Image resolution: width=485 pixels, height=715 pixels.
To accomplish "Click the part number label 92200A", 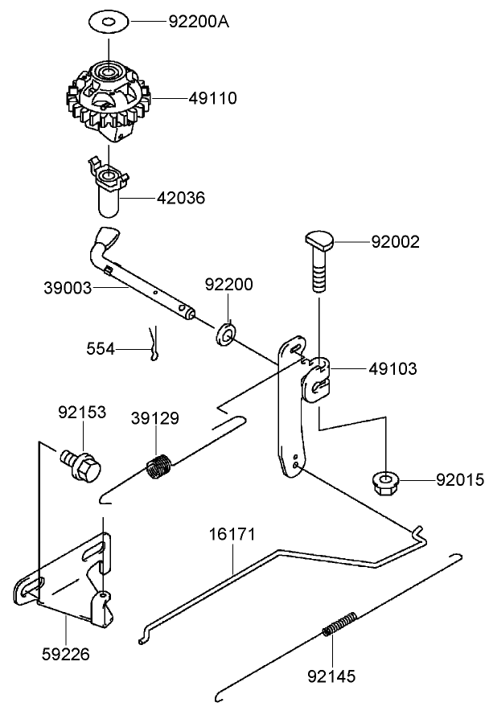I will tap(198, 21).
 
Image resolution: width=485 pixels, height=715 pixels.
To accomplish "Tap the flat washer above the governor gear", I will tap(107, 19).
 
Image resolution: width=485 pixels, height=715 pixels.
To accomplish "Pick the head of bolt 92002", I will tap(321, 240).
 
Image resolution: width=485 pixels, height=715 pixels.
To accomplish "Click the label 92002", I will tap(395, 241).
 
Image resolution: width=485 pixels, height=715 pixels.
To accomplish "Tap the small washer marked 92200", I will tap(226, 332).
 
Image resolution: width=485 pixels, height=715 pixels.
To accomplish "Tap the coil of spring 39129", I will tap(159, 466).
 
